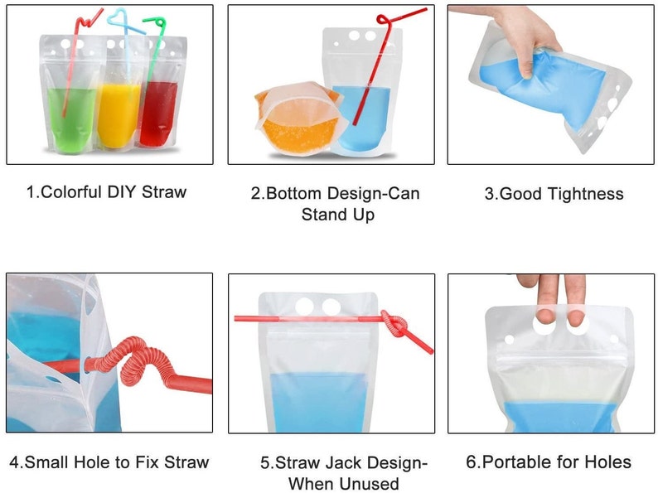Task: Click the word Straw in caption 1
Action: click(x=164, y=192)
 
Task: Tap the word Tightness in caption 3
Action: click(x=586, y=194)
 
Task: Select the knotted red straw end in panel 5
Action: click(x=396, y=324)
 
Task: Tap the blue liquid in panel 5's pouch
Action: click(x=318, y=403)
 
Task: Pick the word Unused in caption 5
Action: click(x=370, y=484)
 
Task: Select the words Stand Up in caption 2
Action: click(x=338, y=215)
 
